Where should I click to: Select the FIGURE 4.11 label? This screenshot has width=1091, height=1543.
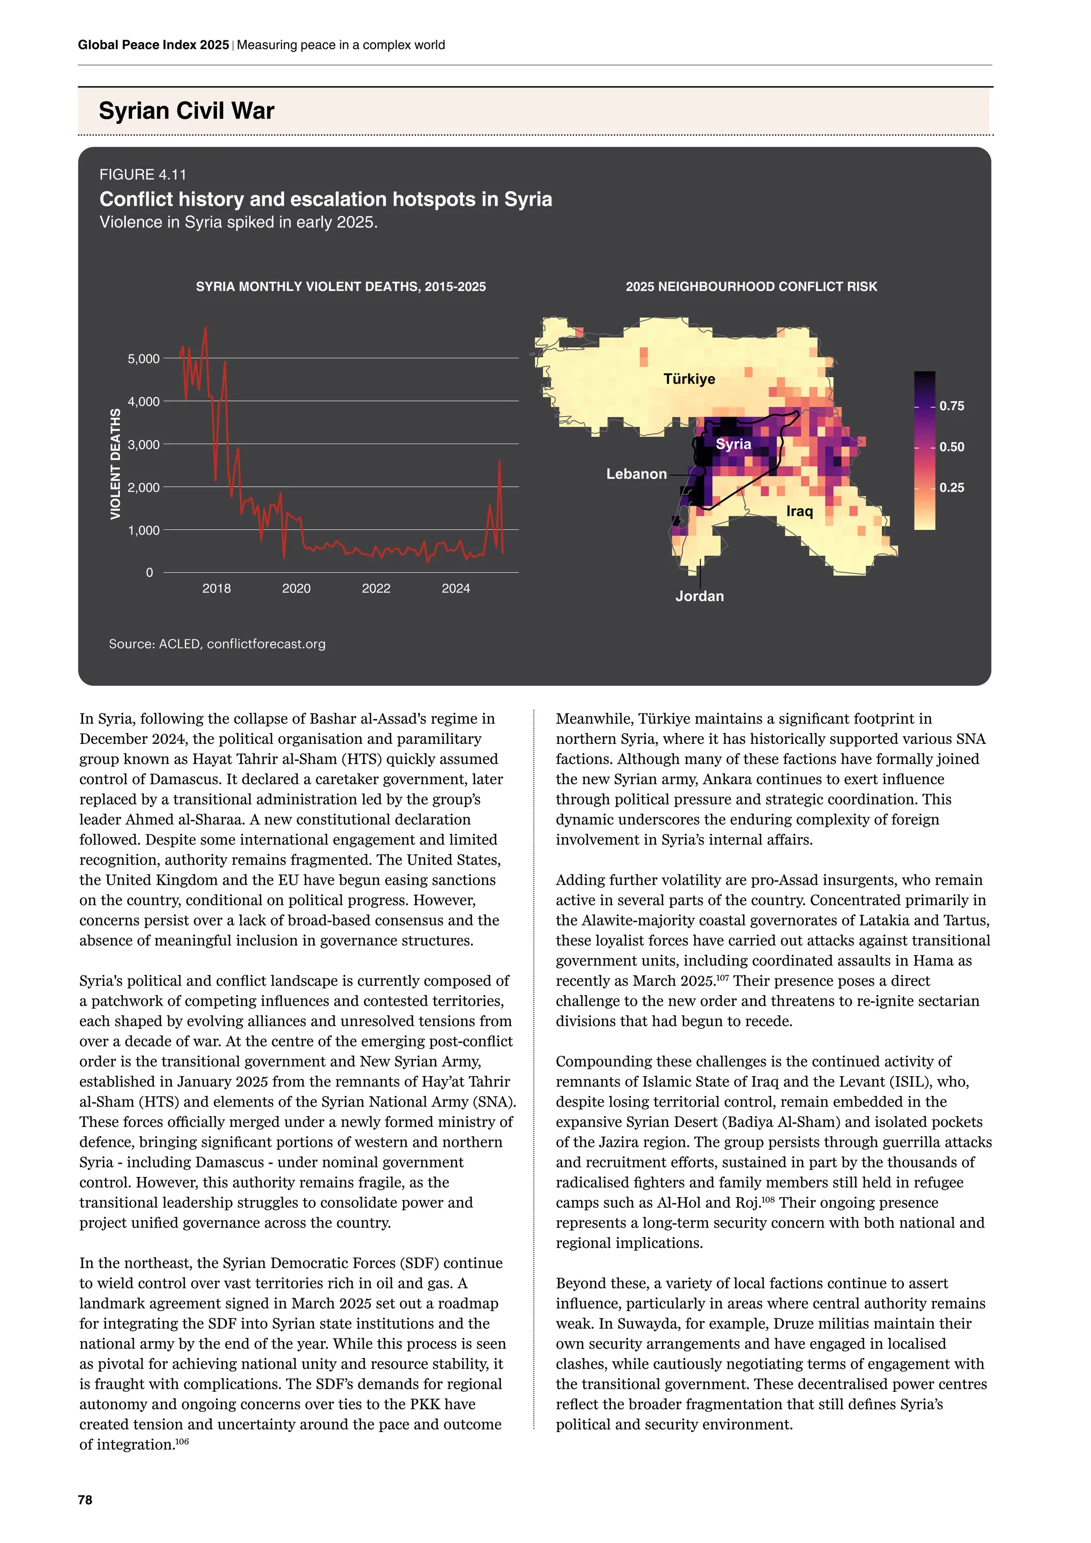click(x=142, y=175)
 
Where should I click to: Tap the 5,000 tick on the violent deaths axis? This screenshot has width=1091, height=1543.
click(x=143, y=359)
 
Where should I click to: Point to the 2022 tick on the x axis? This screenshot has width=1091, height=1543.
click(x=376, y=589)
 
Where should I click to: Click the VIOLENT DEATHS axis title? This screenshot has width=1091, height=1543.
click(x=116, y=464)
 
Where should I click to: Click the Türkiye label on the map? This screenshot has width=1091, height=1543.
click(x=689, y=379)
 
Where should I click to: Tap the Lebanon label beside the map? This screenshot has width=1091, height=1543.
click(x=636, y=474)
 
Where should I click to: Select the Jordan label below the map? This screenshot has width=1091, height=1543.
click(x=699, y=596)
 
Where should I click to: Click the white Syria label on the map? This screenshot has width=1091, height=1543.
click(x=733, y=444)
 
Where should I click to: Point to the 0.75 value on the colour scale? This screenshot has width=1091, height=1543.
click(x=951, y=406)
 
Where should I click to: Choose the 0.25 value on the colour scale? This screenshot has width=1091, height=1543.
click(x=951, y=488)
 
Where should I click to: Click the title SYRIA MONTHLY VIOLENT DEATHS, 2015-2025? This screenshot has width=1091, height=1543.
click(x=340, y=287)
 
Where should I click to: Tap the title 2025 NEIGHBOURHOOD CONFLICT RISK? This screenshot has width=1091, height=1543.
click(x=751, y=287)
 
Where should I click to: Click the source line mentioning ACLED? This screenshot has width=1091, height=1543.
click(x=217, y=644)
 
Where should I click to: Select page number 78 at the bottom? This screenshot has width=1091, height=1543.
click(x=85, y=1500)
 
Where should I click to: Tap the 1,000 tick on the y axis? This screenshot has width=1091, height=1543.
click(x=143, y=530)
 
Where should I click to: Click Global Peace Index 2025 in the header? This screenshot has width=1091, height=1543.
click(x=153, y=45)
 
